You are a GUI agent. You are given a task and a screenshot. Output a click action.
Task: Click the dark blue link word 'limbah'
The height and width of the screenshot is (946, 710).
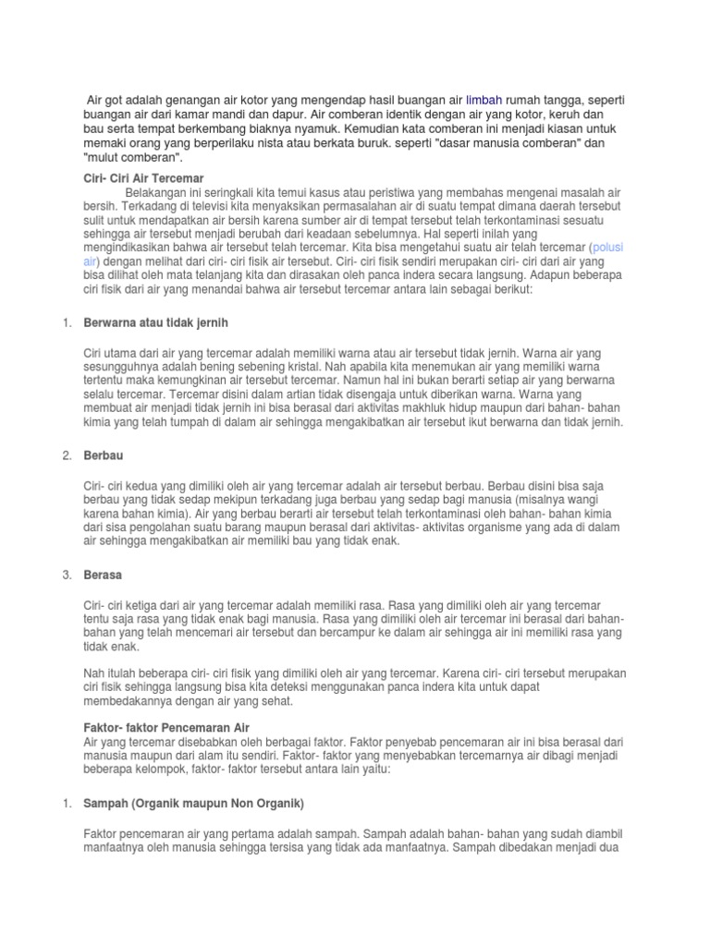click(485, 99)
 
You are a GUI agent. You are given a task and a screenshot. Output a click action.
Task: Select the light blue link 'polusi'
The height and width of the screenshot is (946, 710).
click(608, 249)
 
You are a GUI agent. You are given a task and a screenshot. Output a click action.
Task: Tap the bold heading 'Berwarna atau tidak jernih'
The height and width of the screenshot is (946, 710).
click(155, 322)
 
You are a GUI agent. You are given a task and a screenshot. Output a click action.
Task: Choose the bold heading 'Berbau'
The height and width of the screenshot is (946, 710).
click(103, 455)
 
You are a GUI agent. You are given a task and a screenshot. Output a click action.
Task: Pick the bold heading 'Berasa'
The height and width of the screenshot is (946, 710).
click(103, 575)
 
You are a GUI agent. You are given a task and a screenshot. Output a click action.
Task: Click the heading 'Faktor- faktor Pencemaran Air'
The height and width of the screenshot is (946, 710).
click(166, 728)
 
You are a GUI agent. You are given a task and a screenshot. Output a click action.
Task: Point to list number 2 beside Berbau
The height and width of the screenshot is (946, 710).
click(67, 455)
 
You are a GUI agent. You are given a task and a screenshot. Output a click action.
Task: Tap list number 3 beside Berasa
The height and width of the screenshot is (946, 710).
click(67, 575)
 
